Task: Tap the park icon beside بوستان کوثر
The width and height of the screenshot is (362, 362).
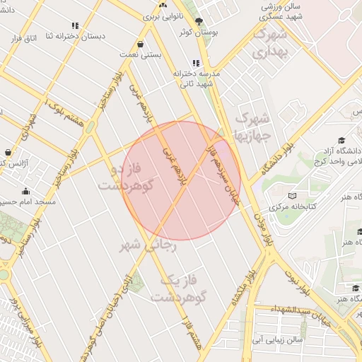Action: pos(199,21)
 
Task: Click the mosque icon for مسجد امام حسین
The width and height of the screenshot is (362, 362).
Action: pos(26,191)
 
